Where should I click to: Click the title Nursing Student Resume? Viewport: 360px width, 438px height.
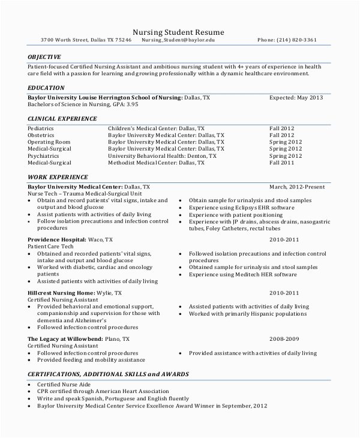(x=178, y=32)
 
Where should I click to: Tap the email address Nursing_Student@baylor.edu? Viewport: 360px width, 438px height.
(x=178, y=40)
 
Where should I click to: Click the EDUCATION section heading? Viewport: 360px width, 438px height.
(x=46, y=88)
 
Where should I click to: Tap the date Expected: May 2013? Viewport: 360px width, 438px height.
(x=296, y=97)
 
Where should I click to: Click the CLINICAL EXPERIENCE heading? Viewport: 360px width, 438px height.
(x=62, y=119)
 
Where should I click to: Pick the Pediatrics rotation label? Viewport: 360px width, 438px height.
(x=41, y=128)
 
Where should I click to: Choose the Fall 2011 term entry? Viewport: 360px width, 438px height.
(x=281, y=163)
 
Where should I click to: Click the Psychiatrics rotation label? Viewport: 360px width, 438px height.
(x=43, y=155)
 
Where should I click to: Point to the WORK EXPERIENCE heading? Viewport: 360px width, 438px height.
(x=58, y=177)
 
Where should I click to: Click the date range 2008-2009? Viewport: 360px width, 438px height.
(x=284, y=339)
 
